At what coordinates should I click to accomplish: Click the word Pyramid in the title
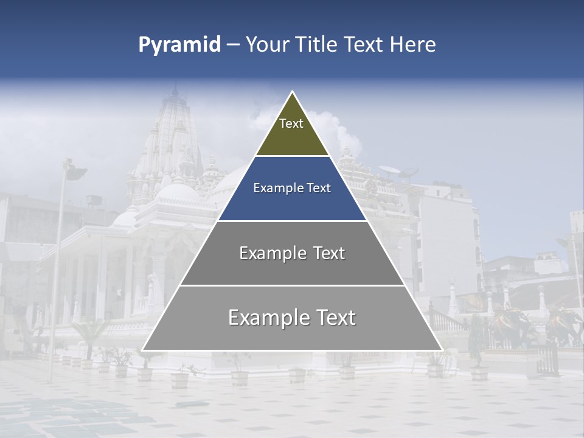tap(179, 45)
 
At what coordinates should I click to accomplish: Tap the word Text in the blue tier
tap(319, 188)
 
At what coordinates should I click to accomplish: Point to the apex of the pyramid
tap(292, 92)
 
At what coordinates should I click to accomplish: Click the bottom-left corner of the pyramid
tap(142, 350)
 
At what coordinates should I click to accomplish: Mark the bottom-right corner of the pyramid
tap(442, 350)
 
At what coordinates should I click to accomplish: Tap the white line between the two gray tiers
tap(292, 285)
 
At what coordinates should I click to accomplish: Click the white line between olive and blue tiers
tap(292, 156)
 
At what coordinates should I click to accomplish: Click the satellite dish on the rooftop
tap(390, 171)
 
